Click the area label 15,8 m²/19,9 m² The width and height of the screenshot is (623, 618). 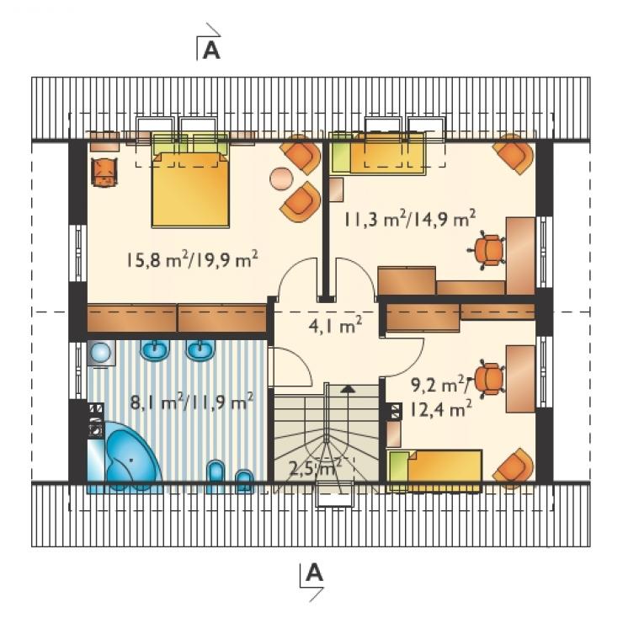coord(192,259)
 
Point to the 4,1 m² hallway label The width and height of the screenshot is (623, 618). coord(335,326)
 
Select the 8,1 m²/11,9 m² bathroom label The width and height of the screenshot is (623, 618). coord(192,402)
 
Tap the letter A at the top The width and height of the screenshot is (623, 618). coord(211,51)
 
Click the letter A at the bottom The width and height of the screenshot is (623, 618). coord(314,573)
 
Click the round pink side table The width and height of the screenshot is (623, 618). coord(281,178)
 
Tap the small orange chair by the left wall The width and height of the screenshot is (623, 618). coord(104,172)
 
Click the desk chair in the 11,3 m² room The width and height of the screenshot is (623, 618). coord(487,250)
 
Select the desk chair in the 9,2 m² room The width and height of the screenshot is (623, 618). coord(489,379)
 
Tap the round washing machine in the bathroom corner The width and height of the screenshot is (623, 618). coord(100,353)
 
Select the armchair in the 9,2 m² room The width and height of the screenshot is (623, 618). coord(514,468)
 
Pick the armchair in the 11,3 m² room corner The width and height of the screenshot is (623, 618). coord(514,155)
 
